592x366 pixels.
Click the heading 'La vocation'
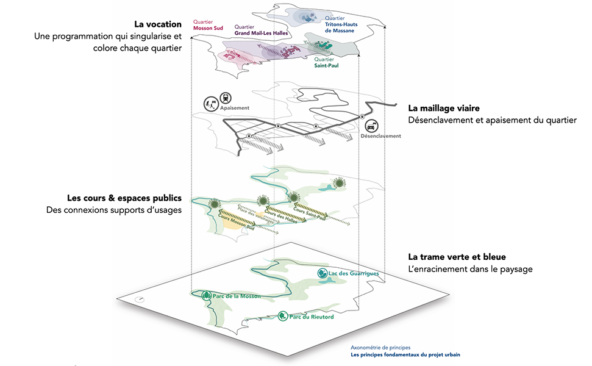tap(159, 24)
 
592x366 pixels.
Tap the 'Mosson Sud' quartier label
tap(207, 27)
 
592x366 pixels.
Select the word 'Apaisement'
tap(235, 108)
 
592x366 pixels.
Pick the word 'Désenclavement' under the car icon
tap(380, 136)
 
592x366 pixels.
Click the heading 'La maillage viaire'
tap(444, 108)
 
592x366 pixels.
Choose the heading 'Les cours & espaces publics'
tap(124, 198)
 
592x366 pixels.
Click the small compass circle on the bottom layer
tap(141, 299)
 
